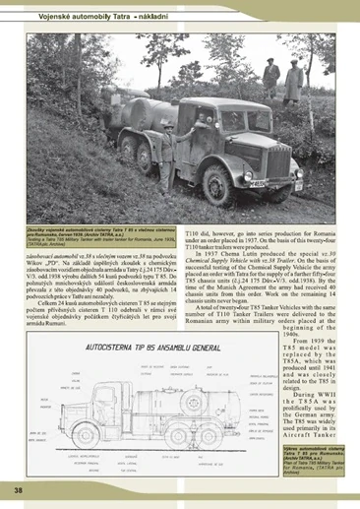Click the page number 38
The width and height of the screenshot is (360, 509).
(18, 489)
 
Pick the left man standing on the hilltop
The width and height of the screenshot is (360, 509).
(271, 78)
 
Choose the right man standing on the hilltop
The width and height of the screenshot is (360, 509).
(294, 81)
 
